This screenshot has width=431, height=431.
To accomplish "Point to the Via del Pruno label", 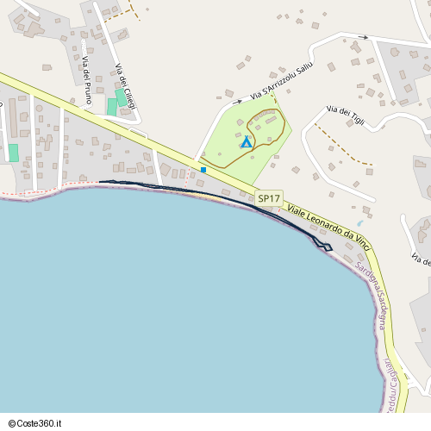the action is tap(87, 79).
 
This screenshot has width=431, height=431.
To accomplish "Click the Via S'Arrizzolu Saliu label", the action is tap(281, 80).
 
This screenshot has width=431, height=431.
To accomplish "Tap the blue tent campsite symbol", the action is tap(247, 142).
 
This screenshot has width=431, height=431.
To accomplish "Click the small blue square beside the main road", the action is tap(203, 170).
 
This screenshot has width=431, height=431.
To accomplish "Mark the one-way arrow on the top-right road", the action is tap(364, 38).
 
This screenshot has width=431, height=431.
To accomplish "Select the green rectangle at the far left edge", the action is tap(13, 153).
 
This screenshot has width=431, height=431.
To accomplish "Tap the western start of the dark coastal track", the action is tap(102, 182).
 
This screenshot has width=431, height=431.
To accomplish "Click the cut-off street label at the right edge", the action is tap(422, 259).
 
